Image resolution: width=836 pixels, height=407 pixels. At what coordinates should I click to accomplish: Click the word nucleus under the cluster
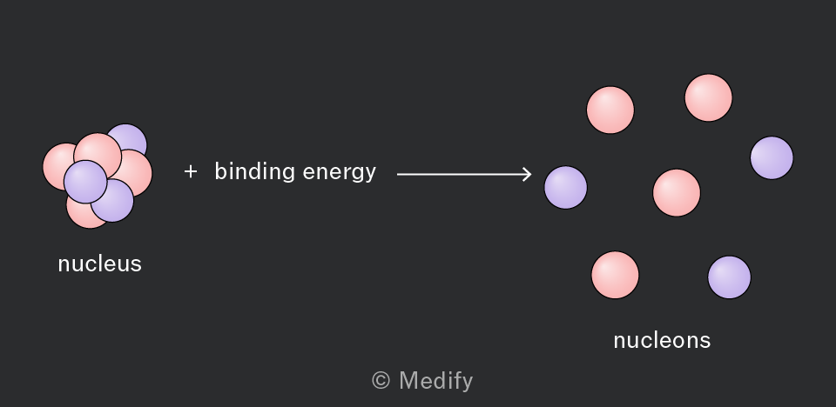coord(99,264)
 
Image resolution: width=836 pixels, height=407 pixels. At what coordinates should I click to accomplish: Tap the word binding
coord(255,172)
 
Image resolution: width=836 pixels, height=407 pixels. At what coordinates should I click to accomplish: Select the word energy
coord(339,174)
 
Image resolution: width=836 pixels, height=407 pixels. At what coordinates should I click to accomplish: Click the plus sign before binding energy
coord(191,171)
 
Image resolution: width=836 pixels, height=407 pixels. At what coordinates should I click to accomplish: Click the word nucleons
coord(662,340)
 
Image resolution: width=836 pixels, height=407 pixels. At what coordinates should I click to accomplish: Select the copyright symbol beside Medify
coord(381,380)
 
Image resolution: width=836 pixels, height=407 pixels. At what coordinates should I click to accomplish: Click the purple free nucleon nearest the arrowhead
coord(566,188)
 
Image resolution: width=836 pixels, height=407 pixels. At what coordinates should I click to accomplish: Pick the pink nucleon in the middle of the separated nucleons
coord(677,193)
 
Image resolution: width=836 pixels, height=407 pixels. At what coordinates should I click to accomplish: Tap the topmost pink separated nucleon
coord(709,98)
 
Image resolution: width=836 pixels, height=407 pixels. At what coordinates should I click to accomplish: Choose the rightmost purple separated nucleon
coord(772,157)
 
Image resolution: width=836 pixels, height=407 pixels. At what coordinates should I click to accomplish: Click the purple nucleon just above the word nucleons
coord(730,277)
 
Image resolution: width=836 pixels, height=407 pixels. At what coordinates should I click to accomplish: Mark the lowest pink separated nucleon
coord(616,276)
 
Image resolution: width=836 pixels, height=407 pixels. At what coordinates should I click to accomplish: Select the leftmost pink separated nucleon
coord(610,110)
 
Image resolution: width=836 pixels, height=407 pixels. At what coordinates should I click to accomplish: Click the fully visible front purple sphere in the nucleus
coord(85,182)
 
